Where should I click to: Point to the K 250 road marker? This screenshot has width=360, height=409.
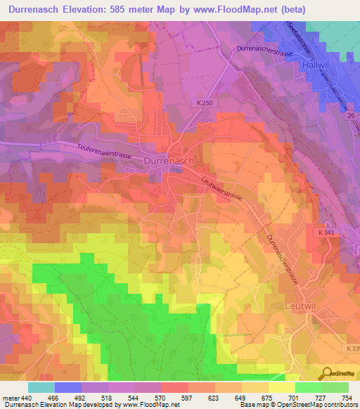(x=204, y=103)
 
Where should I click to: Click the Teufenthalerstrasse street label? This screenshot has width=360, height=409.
(x=105, y=150)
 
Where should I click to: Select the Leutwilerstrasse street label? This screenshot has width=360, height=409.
(x=220, y=188)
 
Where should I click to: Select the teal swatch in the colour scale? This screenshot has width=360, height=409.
(x=41, y=387)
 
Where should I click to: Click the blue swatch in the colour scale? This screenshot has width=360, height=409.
(x=68, y=387)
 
